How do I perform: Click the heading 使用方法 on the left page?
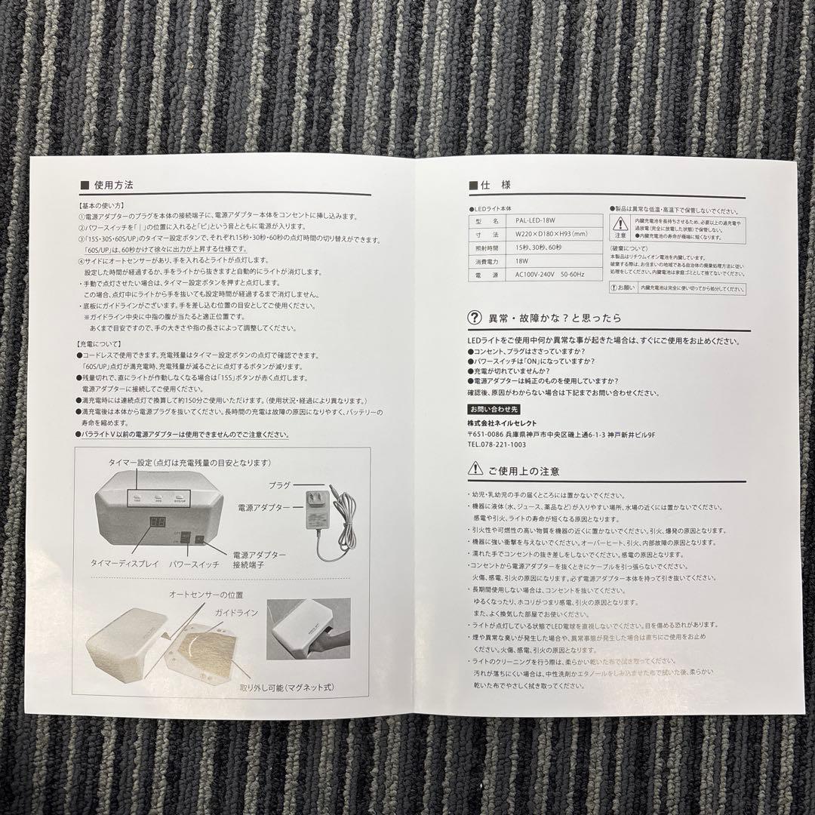pos(114,185)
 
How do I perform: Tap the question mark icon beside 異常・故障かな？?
pos(474,318)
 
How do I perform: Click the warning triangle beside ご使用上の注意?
pos(474,469)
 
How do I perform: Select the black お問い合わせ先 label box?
pos(494,409)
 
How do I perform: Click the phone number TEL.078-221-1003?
pos(497,445)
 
